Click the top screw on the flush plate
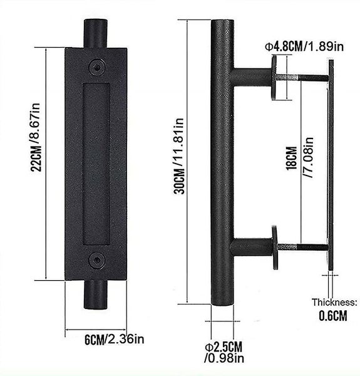tap(96, 65)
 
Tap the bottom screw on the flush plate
tap(96, 258)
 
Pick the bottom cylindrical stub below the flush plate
tap(96, 292)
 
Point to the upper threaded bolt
tap(302, 76)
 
